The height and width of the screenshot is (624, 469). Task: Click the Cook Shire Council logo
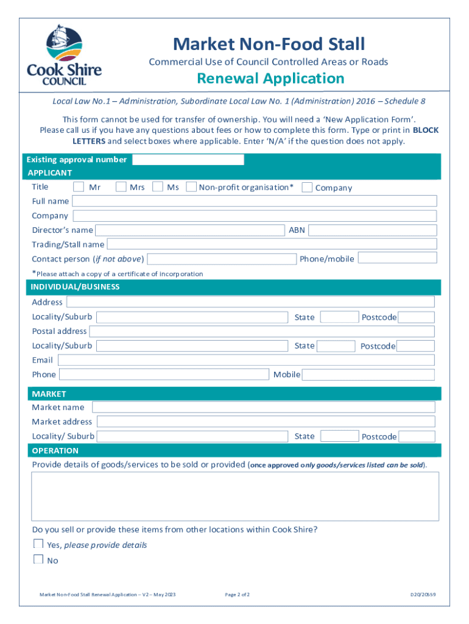[x=64, y=55]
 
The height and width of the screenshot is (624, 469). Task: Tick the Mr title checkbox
[x=79, y=186]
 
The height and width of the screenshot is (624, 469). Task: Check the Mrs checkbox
[x=121, y=186]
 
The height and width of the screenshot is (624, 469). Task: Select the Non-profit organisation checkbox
[x=191, y=186]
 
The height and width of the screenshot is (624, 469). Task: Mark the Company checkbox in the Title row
[x=307, y=187]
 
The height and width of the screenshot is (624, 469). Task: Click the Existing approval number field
[x=188, y=160]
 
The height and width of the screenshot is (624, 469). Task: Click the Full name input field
[x=254, y=201]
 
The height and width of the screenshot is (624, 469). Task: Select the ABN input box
[x=373, y=230]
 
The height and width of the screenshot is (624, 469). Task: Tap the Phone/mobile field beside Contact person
[x=397, y=258]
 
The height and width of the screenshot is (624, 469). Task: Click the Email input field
[x=246, y=360]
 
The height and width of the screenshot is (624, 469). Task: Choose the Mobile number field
[x=368, y=375]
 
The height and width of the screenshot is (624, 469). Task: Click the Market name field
[x=263, y=407]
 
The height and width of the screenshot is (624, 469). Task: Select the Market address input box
[x=266, y=422]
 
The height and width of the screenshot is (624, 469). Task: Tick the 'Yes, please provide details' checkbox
[x=38, y=544]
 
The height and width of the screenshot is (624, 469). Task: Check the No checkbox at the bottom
[x=38, y=559]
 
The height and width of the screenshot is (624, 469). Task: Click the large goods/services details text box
[x=235, y=496]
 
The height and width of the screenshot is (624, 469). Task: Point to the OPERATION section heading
[x=55, y=451]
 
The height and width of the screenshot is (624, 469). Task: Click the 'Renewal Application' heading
[x=270, y=79]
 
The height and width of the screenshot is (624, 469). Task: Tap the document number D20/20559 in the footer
[x=423, y=594]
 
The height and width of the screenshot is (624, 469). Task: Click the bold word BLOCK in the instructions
[x=426, y=130]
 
